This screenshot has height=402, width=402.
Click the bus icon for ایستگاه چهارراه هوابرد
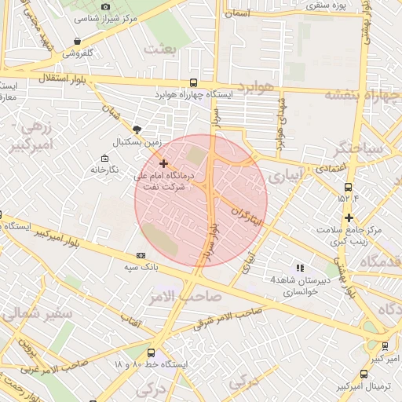(194, 83)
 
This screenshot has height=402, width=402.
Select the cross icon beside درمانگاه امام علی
(163, 163)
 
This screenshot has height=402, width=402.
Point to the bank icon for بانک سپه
(141, 255)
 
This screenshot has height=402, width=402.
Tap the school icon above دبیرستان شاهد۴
(299, 268)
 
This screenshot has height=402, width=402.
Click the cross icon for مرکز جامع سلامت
(349, 217)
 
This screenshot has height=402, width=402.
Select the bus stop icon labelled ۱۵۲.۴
(348, 187)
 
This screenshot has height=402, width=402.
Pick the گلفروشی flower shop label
(79, 53)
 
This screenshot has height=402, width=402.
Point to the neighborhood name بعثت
(161, 49)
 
